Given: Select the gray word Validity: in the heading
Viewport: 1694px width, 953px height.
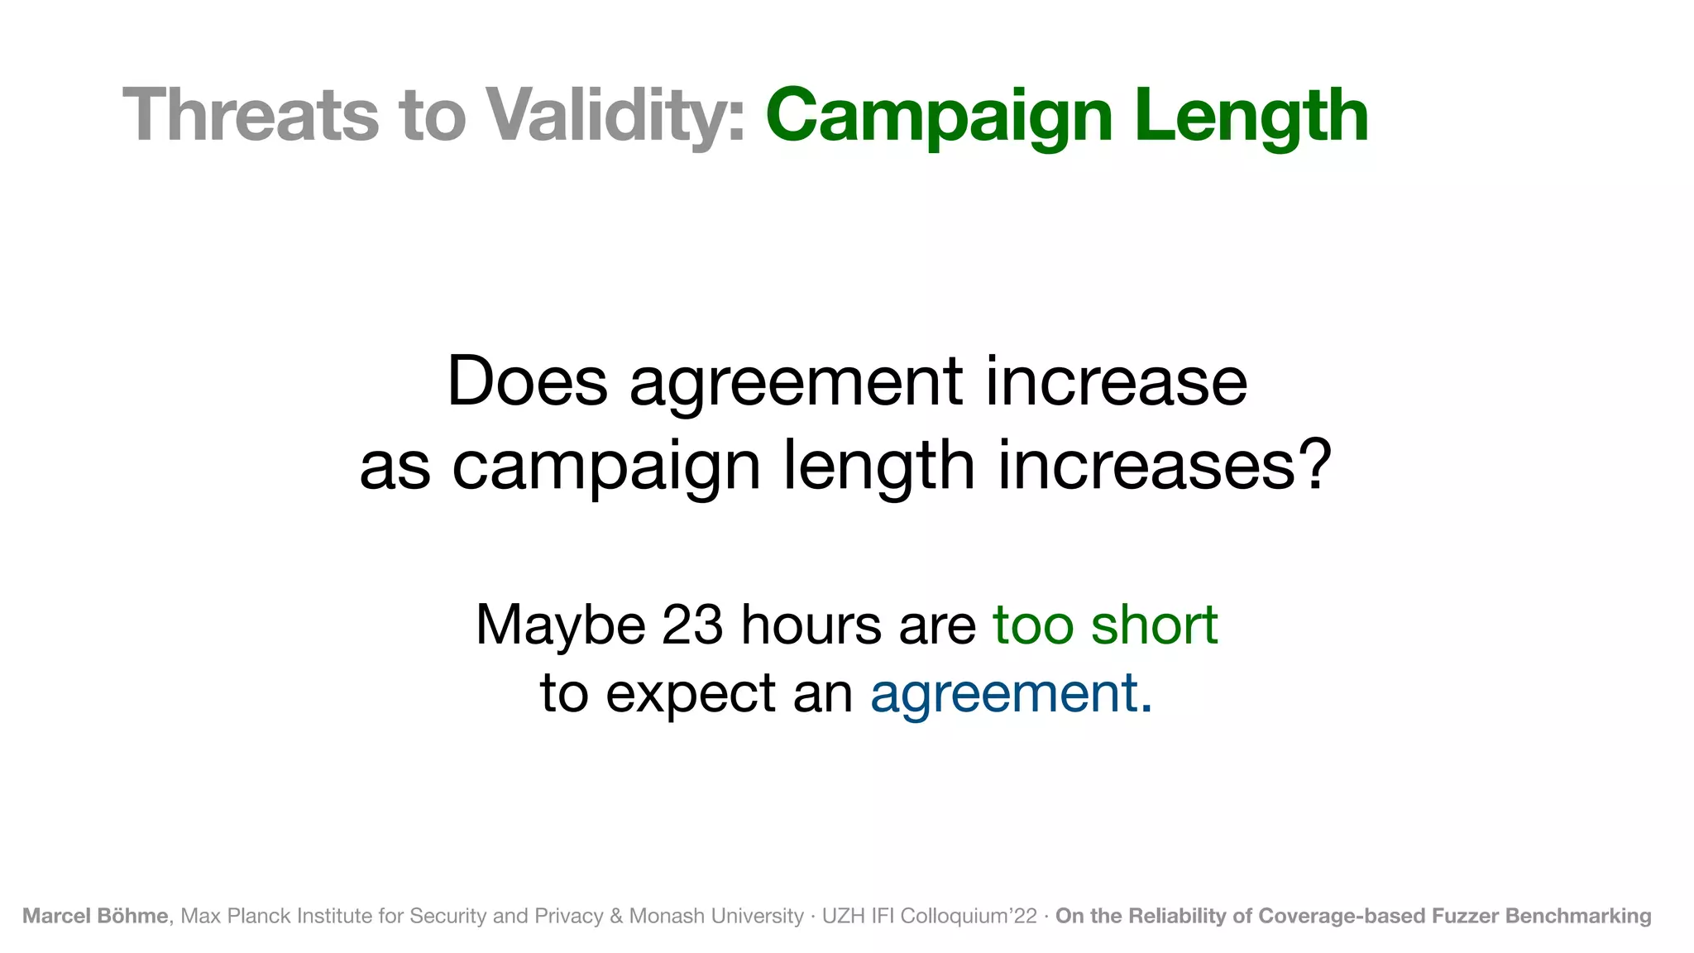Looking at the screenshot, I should (615, 116).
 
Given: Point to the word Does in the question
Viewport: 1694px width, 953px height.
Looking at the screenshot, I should (527, 381).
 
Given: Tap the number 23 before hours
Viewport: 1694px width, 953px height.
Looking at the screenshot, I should (692, 625).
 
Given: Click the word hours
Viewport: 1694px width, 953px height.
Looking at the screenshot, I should (811, 625).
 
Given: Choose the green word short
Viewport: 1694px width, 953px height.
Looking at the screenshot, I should (1154, 625).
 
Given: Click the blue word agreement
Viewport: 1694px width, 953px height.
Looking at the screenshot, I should (1005, 693).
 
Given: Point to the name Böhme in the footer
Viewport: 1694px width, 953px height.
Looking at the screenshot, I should (132, 916).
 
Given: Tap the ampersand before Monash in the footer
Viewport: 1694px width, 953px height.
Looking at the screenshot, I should (616, 916).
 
